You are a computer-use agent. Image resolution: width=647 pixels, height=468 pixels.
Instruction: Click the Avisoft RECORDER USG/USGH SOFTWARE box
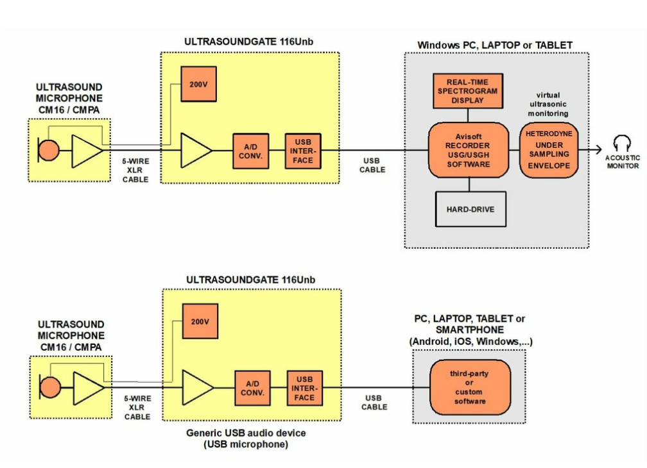click(467, 150)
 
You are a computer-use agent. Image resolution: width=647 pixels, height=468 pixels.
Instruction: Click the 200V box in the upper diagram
click(198, 83)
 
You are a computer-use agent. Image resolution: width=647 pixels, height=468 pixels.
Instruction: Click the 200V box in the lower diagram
click(200, 321)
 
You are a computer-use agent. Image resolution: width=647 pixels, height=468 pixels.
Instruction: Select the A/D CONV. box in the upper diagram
click(250, 151)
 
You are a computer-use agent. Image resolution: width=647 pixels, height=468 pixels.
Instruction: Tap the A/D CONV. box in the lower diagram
click(251, 388)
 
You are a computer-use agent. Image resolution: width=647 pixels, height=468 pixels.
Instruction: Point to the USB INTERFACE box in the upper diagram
click(303, 151)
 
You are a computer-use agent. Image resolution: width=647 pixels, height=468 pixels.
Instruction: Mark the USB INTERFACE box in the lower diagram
click(305, 388)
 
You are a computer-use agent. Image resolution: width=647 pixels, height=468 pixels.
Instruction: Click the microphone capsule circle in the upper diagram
click(49, 150)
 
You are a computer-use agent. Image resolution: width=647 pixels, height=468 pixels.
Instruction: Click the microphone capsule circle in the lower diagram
click(50, 387)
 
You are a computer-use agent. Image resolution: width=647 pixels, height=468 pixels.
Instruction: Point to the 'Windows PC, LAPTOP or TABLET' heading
click(495, 46)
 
